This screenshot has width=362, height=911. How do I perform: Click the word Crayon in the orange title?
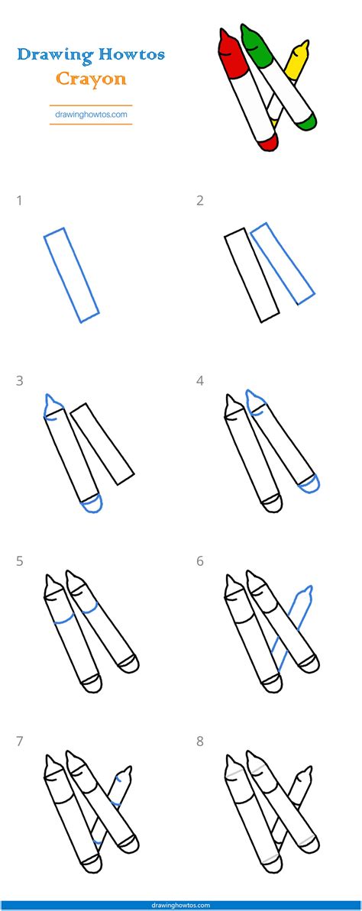coord(90,79)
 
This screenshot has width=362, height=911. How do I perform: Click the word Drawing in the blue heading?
coord(54,55)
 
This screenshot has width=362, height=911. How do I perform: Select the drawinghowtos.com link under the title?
coord(91,115)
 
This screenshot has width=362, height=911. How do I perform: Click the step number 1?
coord(19,201)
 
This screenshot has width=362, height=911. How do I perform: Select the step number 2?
coord(200,201)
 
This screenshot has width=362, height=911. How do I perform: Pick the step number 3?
coord(19,381)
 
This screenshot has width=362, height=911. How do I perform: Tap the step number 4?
coord(200,381)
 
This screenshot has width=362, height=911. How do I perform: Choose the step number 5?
coord(19,561)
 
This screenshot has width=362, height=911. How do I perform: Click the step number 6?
coord(200,561)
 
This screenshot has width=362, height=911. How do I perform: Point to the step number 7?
coord(19,741)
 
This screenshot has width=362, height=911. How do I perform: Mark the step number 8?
coord(200,741)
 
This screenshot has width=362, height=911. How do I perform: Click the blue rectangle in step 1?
coord(72,275)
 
